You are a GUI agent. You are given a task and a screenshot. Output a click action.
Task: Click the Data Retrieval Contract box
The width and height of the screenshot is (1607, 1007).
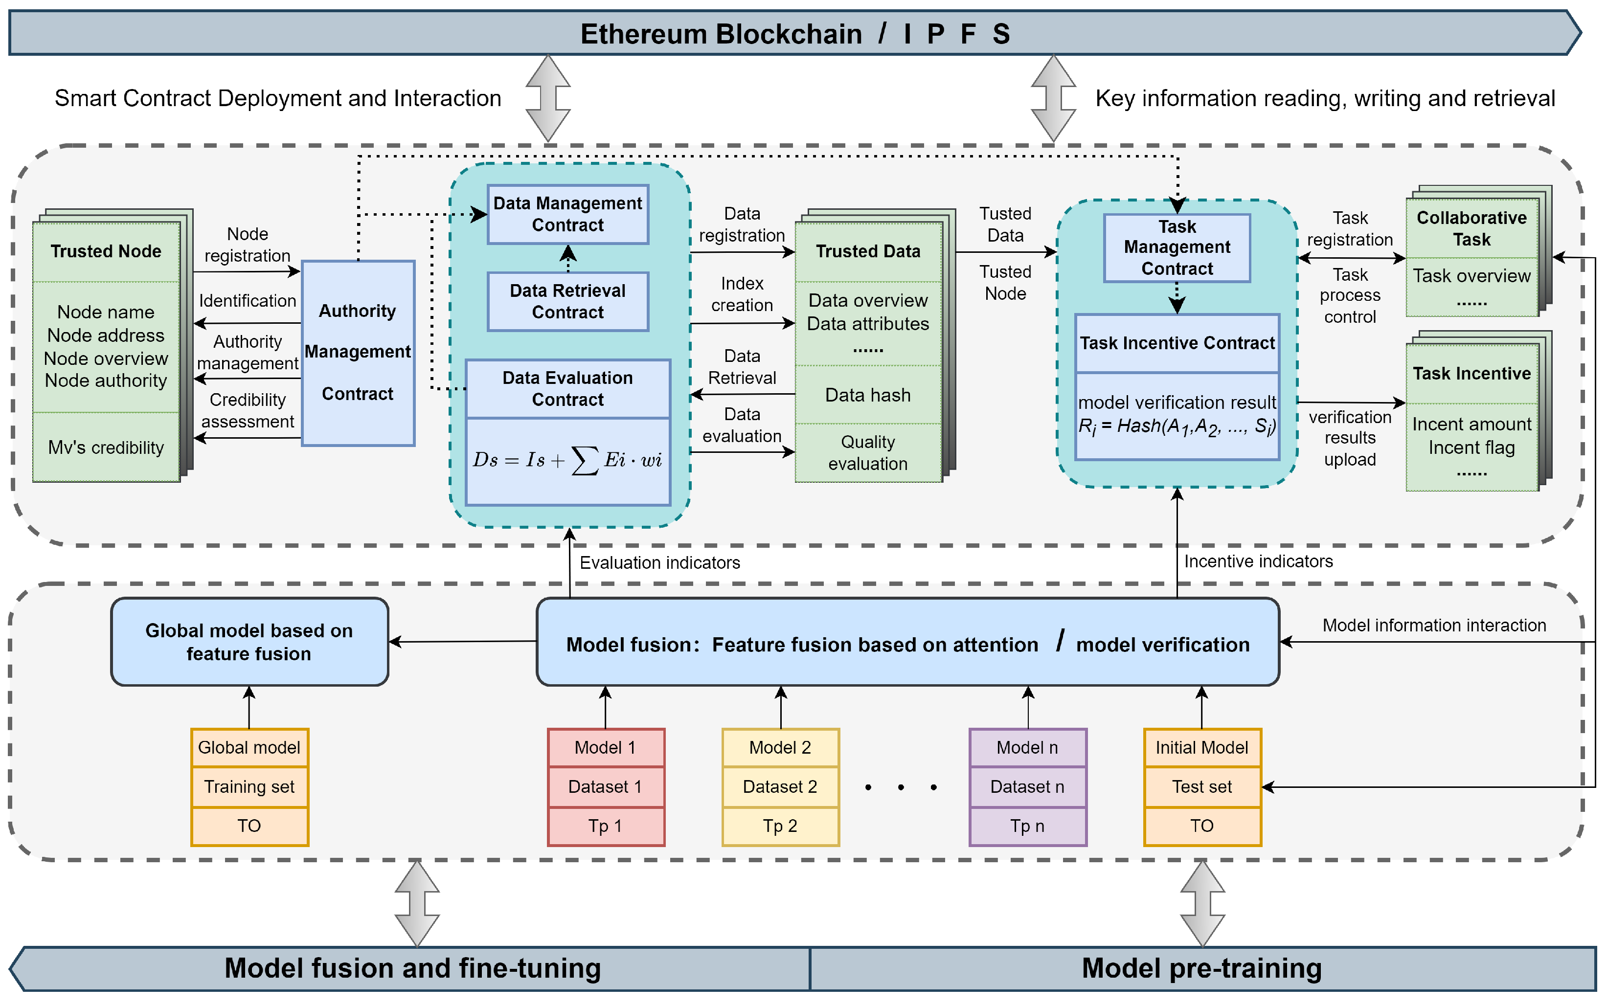567,301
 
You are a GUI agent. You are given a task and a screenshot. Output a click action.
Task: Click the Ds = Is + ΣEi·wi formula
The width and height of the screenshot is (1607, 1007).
567,460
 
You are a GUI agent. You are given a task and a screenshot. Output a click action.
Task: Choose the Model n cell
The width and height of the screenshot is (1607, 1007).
1027,747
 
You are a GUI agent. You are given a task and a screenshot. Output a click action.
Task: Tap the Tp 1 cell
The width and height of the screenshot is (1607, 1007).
605,826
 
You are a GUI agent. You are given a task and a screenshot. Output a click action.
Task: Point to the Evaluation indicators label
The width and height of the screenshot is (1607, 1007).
659,563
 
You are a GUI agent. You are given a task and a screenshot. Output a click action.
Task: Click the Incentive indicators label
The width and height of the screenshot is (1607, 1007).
1257,561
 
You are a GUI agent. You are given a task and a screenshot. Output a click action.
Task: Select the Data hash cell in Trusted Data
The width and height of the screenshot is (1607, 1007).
867,395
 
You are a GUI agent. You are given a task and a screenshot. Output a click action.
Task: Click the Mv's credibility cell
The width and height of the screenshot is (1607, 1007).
106,448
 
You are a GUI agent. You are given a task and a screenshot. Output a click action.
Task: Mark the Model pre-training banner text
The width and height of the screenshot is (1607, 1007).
1201,968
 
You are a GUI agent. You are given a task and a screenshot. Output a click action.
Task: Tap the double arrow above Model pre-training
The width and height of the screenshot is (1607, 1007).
1202,903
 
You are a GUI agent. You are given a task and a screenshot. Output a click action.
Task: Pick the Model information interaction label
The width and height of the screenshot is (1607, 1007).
1433,626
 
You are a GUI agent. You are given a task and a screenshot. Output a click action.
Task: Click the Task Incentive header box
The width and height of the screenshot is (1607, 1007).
1471,374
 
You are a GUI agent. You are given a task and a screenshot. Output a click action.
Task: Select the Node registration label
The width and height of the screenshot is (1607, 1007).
247,245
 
